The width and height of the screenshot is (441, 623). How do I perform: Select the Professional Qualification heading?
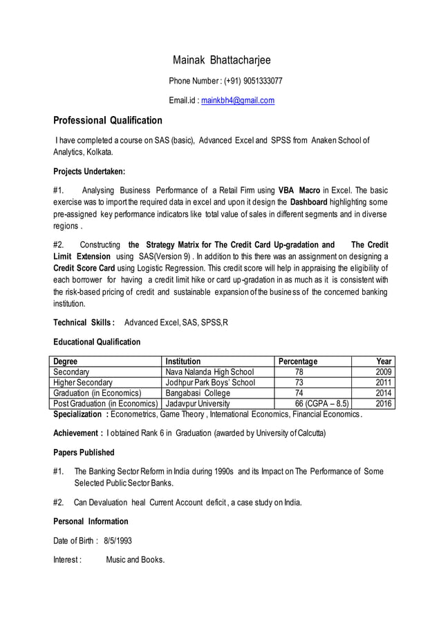coord(108,120)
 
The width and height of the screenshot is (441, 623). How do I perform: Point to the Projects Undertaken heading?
coord(89,171)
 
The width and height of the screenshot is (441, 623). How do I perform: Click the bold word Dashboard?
coord(308,202)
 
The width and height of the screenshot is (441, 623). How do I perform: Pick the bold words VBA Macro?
coord(299,190)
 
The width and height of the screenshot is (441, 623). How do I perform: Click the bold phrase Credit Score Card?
coord(84,268)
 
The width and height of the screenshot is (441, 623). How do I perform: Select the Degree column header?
coord(66,361)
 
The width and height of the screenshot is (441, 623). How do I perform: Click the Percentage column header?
coord(298,361)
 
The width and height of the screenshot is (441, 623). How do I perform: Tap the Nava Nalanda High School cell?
coord(209,372)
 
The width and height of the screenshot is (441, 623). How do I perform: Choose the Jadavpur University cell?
coord(197,403)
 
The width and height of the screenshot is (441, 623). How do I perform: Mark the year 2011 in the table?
coord(383,382)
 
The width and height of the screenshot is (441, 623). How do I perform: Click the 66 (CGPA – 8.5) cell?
coord(321,403)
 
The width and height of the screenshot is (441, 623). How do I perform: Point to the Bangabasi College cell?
coord(198,393)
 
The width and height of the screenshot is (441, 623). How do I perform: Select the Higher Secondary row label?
coord(83,382)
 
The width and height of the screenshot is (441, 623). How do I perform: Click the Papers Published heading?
coord(84,452)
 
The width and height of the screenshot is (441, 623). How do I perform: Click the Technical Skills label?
coord(83,323)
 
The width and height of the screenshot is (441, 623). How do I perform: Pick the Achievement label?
coord(78,433)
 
